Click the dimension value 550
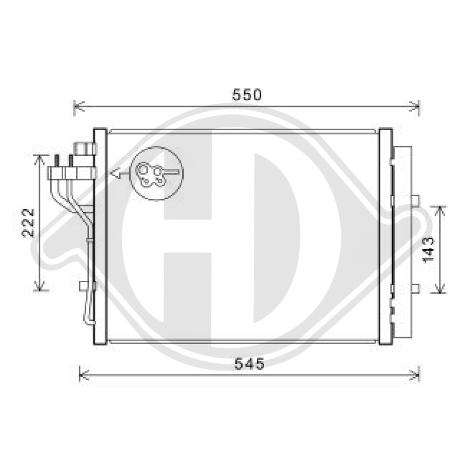(x=247, y=95)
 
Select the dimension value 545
(x=249, y=364)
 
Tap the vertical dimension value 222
(x=29, y=223)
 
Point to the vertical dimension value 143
(x=429, y=249)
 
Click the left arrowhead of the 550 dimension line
(x=77, y=106)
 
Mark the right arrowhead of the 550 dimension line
(x=417, y=106)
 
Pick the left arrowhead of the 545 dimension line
(x=82, y=373)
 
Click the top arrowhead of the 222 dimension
(x=41, y=159)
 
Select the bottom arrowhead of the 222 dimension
(x=41, y=287)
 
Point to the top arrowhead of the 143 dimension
(x=439, y=209)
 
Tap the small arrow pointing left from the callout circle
(x=116, y=173)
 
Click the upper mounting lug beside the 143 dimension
(x=415, y=199)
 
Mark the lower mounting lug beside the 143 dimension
(x=415, y=288)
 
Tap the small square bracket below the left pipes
(x=85, y=286)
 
